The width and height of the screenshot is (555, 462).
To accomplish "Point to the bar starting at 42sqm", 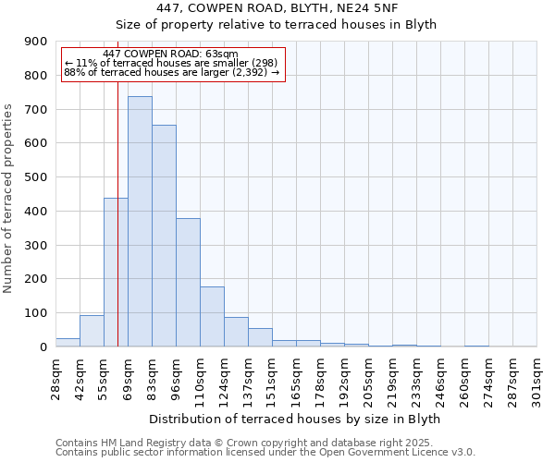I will (x=92, y=331).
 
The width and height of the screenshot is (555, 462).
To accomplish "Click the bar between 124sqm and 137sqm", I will (x=236, y=332).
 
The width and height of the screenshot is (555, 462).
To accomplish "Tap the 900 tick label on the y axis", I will (x=36, y=42).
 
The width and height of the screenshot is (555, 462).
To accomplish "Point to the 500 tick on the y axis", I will (x=36, y=177).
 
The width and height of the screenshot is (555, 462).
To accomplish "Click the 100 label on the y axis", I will (x=36, y=313).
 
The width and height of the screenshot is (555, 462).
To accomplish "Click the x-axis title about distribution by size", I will (x=294, y=419).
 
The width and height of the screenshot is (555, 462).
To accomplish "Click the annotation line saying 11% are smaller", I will (x=170, y=63).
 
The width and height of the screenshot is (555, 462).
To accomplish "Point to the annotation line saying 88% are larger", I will (x=171, y=72).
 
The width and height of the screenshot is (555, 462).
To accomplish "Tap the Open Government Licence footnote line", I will (x=265, y=453).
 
